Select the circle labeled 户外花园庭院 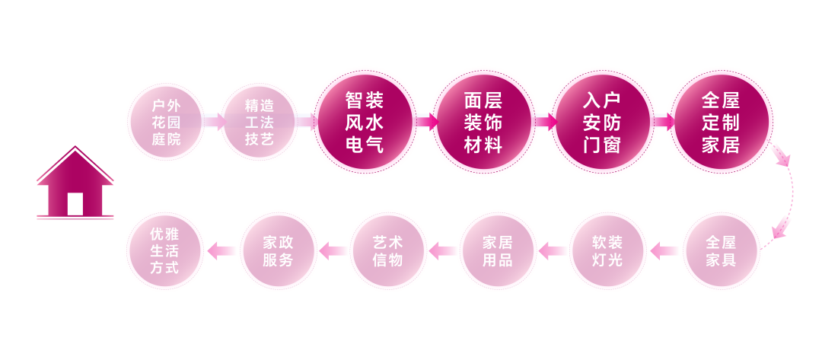(x=166, y=122)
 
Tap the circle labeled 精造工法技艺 (x=259, y=122)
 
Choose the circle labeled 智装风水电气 (x=365, y=122)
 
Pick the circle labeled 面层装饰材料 (x=483, y=122)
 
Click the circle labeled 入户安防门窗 (x=602, y=122)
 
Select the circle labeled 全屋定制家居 (x=721, y=122)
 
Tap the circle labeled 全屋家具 (x=721, y=250)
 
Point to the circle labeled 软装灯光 (x=607, y=250)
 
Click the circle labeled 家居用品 (x=498, y=250)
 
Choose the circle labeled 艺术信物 (x=388, y=250)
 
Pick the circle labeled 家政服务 (x=278, y=250)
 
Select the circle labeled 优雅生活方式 (x=164, y=250)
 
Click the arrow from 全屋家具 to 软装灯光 (x=664, y=250)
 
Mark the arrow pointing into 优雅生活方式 (x=221, y=250)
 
